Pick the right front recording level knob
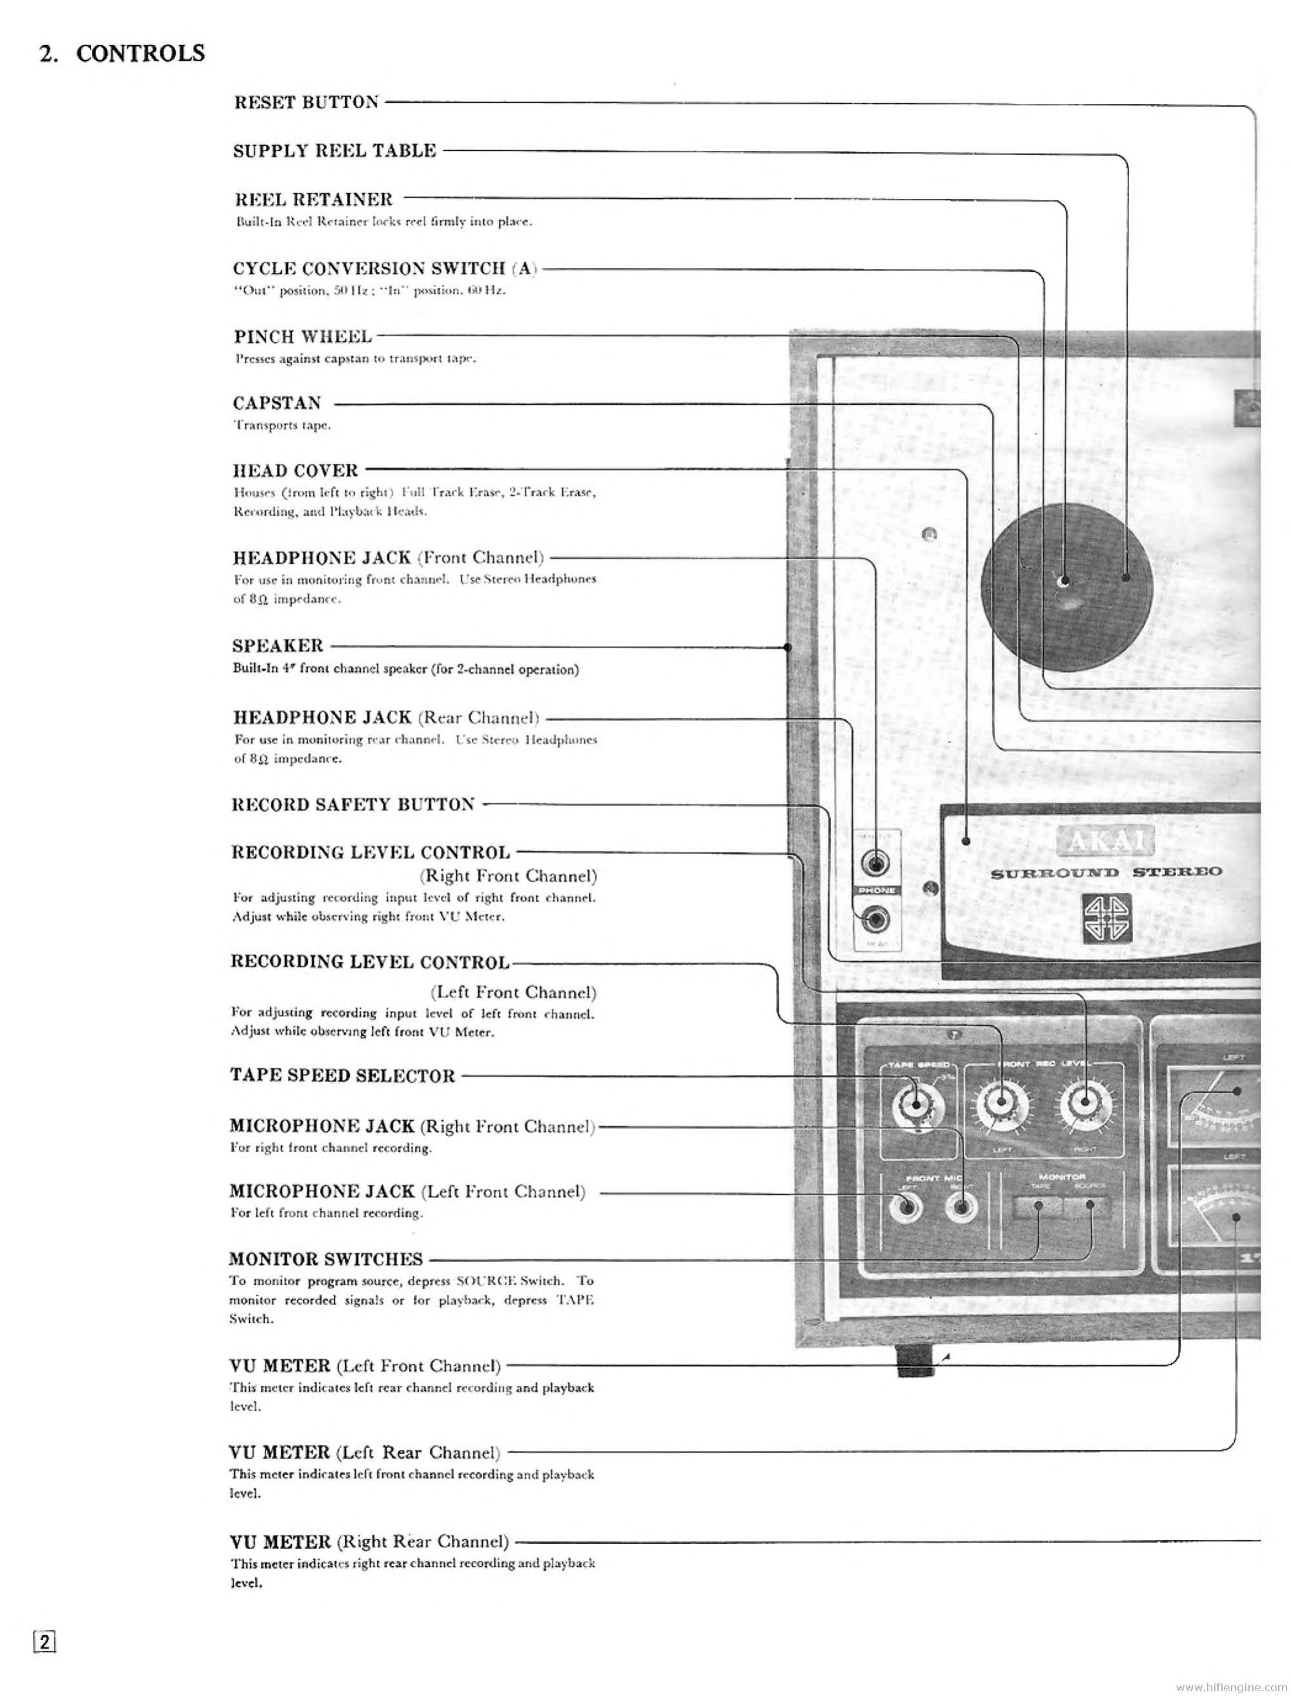pyautogui.click(x=1084, y=1104)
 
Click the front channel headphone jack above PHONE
pyautogui.click(x=876, y=864)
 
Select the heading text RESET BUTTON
pyautogui.click(x=307, y=102)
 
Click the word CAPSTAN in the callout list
pyautogui.click(x=278, y=403)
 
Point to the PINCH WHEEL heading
pyautogui.click(x=303, y=336)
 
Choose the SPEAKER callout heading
pyautogui.click(x=278, y=645)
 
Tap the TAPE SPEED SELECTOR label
pyautogui.click(x=343, y=1075)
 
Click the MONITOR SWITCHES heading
pyautogui.click(x=326, y=1259)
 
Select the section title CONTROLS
pyautogui.click(x=141, y=53)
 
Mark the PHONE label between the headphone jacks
pyautogui.click(x=876, y=890)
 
